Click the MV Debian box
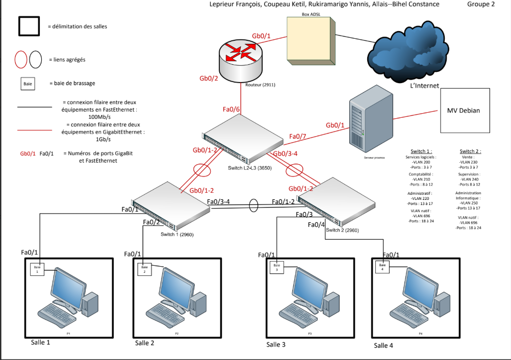pos(464,111)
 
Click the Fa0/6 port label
pos(232,110)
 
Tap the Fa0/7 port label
pos(297,136)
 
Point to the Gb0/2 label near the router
pos(209,79)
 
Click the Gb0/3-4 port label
pos(285,153)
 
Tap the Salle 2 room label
pos(144,343)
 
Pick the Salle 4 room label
pos(384,345)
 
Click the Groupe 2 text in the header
pos(481,5)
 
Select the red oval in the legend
pos(21,59)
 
